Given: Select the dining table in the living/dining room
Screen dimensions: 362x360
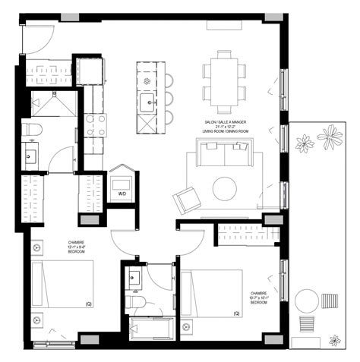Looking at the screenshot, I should coord(225,80).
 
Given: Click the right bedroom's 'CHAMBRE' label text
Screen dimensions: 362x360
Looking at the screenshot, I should coord(260,291).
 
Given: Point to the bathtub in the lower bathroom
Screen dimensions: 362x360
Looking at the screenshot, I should coord(151,329).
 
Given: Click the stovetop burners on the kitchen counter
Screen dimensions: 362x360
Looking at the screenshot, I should coord(94,124).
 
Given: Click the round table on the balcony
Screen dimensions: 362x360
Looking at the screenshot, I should coord(308,298).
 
